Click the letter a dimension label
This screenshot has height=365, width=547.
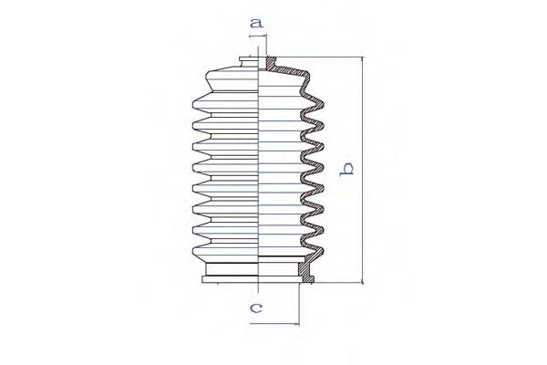[256, 24]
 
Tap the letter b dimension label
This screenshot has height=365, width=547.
[346, 170]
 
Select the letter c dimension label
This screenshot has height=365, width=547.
[256, 308]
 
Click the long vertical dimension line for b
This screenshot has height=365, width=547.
[363, 170]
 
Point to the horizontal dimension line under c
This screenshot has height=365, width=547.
[274, 324]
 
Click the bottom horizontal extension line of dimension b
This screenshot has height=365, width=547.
[338, 283]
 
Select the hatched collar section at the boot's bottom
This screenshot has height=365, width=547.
[306, 272]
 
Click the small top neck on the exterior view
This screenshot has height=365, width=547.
[249, 64]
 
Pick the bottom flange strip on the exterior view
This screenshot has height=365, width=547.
[231, 279]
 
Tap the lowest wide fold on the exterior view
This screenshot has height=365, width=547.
[226, 252]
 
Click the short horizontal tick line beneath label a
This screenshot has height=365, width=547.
[257, 36]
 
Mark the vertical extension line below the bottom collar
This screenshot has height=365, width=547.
[299, 304]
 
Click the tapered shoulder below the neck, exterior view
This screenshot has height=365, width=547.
[232, 81]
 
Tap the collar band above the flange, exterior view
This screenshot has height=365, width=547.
[232, 269]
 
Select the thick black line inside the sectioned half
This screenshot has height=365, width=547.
[282, 256]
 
